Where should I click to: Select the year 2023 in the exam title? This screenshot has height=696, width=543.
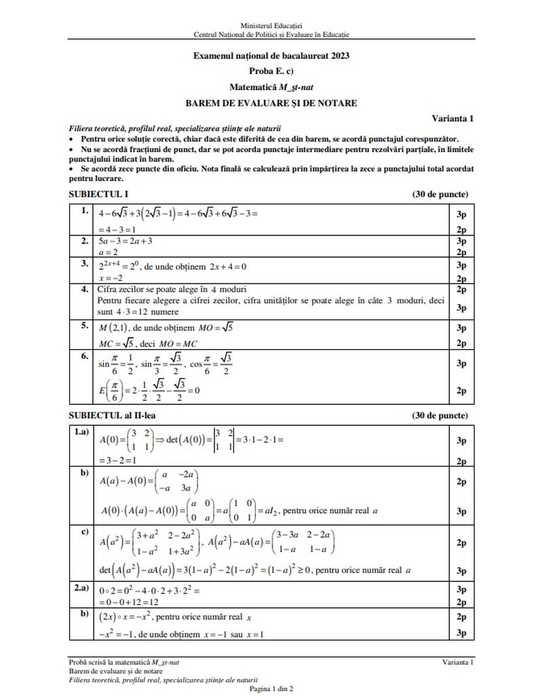tap(337, 56)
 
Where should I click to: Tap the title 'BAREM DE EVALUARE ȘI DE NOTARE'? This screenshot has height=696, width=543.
tap(271, 103)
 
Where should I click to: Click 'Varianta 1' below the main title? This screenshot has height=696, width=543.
tap(453, 118)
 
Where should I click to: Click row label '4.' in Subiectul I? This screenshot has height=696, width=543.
tap(84, 288)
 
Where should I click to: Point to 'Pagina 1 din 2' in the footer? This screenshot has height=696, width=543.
tap(271, 689)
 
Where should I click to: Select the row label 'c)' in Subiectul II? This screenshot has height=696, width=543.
tap(84, 530)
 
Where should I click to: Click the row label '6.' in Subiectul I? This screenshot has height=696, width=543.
tap(84, 355)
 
